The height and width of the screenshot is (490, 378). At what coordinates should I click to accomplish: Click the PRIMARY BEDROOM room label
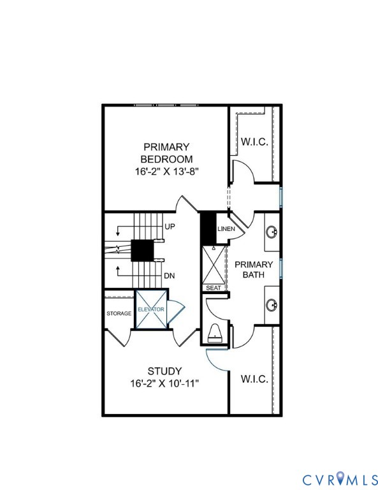click(166, 153)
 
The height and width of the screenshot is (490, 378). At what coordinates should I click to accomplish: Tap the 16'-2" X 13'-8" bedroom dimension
click(166, 172)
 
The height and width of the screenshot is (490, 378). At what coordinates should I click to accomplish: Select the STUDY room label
click(164, 371)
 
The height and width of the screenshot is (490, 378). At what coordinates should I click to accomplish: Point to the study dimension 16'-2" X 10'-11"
click(164, 383)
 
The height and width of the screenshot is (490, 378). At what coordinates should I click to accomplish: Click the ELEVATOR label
click(151, 309)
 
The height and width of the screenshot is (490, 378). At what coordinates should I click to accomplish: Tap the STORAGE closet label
click(119, 313)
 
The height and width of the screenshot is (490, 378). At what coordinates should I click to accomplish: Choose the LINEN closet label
click(226, 229)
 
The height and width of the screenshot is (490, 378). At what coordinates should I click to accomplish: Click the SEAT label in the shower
click(214, 288)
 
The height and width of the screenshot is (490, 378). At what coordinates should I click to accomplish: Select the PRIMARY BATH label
click(254, 270)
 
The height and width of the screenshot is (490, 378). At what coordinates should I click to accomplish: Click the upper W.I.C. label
click(254, 142)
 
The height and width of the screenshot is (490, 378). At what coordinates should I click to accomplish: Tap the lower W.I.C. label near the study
click(254, 379)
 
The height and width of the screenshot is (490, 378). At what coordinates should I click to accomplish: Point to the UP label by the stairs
click(170, 226)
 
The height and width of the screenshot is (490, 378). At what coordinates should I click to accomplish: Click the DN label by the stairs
click(170, 276)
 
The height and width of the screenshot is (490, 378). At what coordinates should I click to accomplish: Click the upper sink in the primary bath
click(272, 232)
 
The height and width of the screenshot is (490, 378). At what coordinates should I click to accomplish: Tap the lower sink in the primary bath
click(272, 305)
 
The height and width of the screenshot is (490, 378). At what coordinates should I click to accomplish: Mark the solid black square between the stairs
click(142, 251)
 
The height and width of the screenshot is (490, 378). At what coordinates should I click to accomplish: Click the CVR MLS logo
click(340, 479)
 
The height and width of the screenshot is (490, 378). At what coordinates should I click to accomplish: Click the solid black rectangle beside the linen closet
click(208, 228)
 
